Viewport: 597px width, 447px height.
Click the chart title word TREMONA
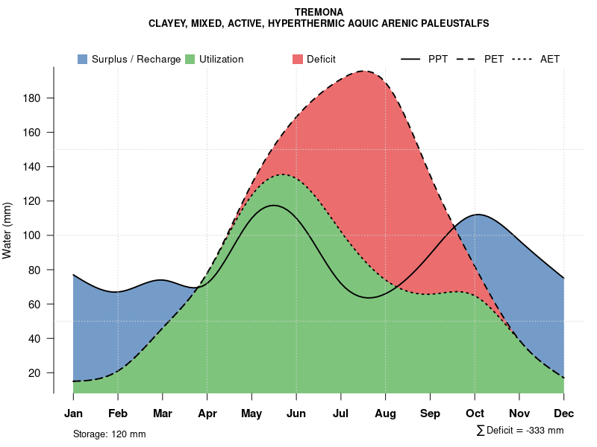point(319,13)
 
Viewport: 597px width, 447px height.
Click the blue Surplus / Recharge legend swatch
point(82,59)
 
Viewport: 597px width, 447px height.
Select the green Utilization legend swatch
point(190,59)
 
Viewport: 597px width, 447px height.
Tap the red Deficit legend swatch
point(298,59)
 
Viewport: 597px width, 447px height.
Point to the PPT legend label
point(438,59)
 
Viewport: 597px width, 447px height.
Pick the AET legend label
point(550,59)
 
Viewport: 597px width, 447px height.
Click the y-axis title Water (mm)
point(7,230)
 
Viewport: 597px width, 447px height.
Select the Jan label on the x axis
point(73,413)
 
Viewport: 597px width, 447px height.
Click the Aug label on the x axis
point(385,413)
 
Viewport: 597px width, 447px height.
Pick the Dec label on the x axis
point(563,413)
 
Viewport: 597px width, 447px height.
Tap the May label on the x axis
point(251,413)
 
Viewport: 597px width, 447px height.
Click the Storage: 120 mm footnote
point(109,434)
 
